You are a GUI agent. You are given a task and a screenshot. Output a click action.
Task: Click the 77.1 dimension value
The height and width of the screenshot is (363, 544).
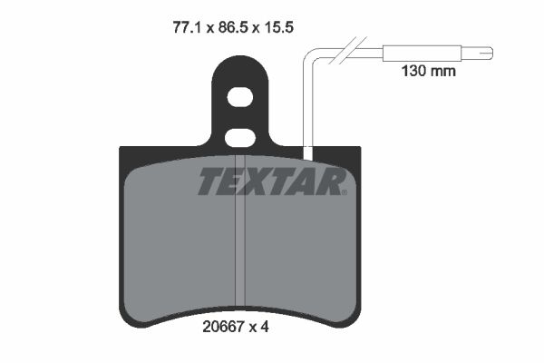[x=188, y=27]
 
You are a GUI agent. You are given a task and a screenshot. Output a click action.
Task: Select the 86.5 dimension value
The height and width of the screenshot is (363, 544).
[x=233, y=27]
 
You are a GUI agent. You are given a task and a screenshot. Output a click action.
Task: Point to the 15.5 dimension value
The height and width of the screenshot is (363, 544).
[x=279, y=27]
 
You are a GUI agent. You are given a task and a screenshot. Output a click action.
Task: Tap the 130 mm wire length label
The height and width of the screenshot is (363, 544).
[x=429, y=71]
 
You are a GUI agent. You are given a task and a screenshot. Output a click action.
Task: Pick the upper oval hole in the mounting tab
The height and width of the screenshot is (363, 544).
[x=239, y=96]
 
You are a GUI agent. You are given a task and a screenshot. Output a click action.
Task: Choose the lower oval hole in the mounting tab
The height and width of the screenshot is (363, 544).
[x=239, y=138]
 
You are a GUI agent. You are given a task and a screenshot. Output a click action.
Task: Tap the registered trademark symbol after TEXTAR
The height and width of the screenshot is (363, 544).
[x=345, y=191]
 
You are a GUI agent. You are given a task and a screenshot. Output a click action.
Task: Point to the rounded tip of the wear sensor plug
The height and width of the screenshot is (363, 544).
[x=489, y=54]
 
